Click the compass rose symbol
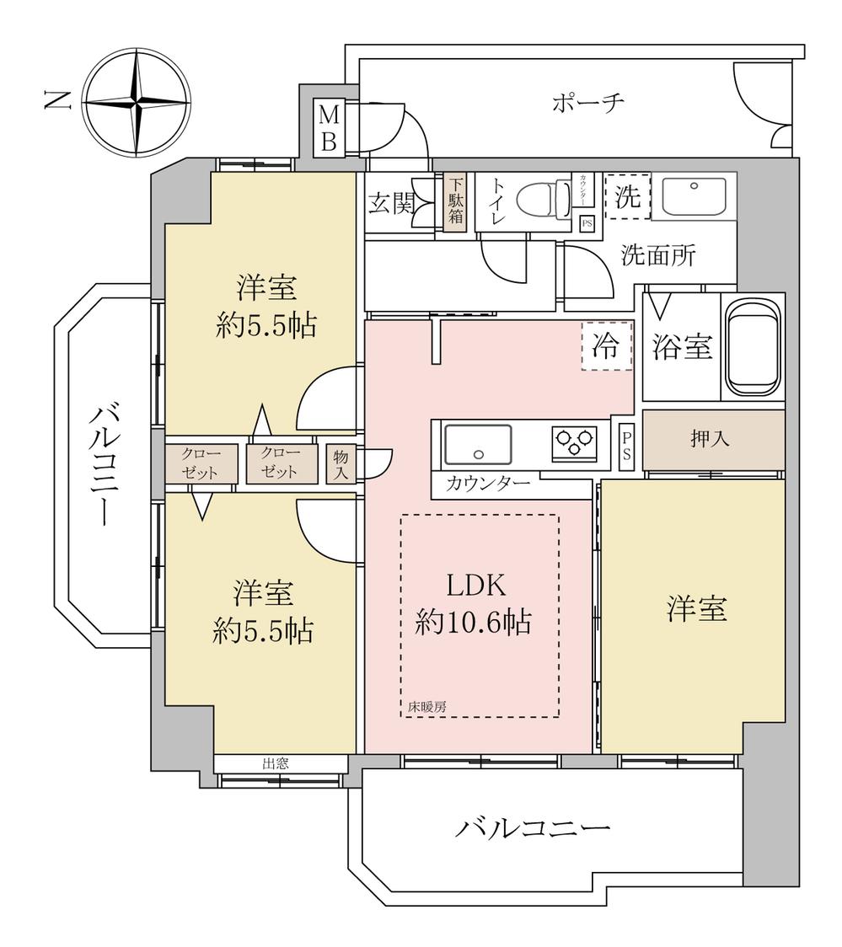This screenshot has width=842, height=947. point(137,103)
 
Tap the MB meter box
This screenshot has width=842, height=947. point(330,128)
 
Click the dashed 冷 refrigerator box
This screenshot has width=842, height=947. point(606,346)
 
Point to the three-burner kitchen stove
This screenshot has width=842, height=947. point(575,442)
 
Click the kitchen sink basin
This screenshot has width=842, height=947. point(478,443)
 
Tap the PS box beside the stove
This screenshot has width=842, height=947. point(625,443)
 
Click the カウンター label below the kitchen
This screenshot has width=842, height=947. point(488,484)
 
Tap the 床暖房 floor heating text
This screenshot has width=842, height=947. point(426,707)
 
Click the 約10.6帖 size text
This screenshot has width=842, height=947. point(473,623)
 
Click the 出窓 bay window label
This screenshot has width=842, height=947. point(275,763)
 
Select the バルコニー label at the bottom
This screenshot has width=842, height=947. point(532,829)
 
